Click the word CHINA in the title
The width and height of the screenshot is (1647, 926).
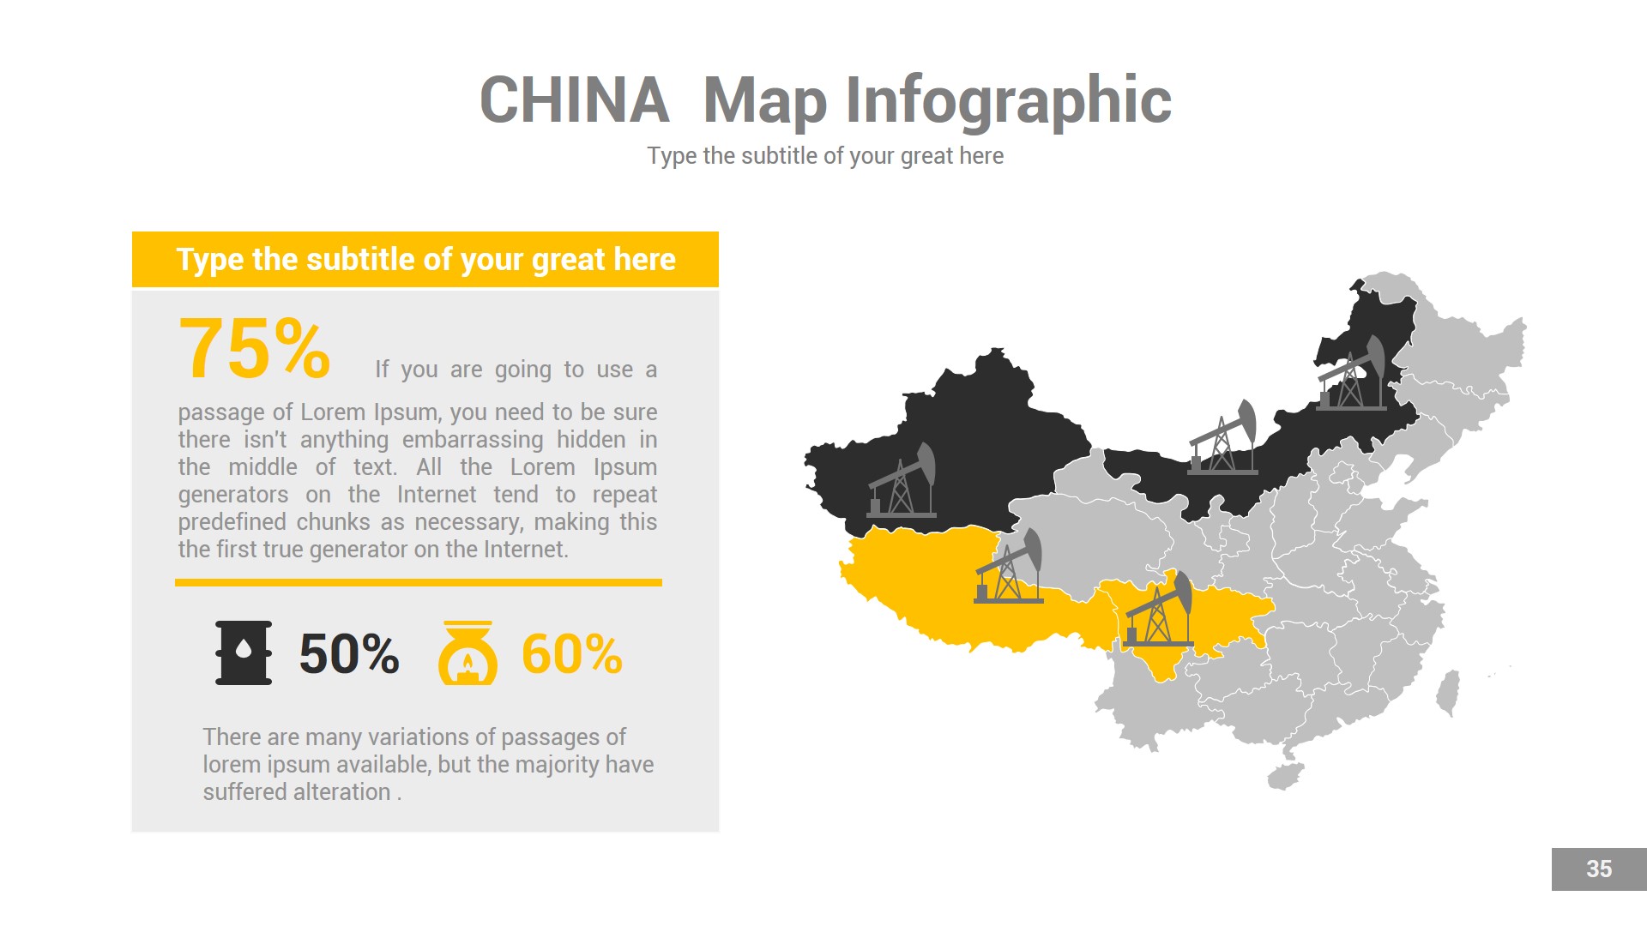pos(574,100)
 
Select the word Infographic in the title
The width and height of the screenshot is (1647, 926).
pos(1008,100)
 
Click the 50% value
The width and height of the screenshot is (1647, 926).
pos(348,654)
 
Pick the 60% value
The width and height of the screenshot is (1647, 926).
pos(571,654)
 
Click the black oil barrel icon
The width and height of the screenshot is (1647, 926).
pos(244,652)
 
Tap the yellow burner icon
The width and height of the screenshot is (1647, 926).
pos(468,653)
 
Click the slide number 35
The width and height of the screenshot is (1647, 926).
pos(1598,869)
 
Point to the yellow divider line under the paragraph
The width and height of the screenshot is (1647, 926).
pos(419,582)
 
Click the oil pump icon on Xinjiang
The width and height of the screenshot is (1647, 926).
pos(903,482)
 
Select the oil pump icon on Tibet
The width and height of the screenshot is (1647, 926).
pos(1010,568)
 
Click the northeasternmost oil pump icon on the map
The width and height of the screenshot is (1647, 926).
pos(1353,374)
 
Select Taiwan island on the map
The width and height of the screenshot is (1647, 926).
pos(1448,693)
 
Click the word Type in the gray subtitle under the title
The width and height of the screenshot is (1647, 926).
pos(672,156)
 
